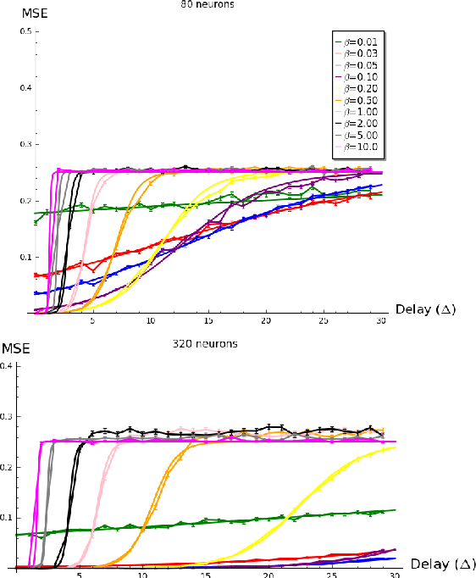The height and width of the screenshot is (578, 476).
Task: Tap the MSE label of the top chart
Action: point(16,11)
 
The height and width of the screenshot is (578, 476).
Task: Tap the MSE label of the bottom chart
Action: point(14,348)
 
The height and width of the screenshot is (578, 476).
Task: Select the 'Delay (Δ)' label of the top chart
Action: point(425,309)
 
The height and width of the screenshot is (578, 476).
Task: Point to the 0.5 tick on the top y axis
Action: point(25,31)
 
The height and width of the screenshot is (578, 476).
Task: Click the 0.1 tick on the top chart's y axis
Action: point(25,257)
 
